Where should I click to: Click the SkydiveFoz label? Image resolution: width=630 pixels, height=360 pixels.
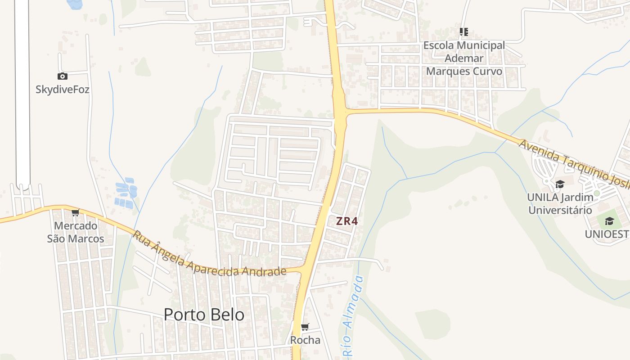point(63,90)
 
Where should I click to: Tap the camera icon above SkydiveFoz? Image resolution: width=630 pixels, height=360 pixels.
point(63,76)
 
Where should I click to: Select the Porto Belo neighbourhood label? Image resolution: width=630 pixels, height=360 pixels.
point(204,315)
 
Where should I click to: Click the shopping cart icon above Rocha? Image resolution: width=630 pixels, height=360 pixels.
point(305,327)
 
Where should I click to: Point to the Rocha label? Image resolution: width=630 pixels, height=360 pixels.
point(305,340)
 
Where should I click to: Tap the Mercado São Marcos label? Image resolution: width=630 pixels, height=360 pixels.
point(76,232)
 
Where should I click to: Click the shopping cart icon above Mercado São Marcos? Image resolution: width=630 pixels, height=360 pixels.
point(76,212)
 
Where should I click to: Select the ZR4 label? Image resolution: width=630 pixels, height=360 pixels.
point(346,221)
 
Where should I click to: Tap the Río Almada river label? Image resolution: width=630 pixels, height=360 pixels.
point(353,315)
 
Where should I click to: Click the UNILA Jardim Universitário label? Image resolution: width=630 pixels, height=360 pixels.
point(560,203)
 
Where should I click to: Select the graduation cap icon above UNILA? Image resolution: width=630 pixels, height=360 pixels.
point(560,184)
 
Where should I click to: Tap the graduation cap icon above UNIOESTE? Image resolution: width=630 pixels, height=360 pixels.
point(610,221)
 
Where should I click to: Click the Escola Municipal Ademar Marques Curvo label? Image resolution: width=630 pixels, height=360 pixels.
point(464,58)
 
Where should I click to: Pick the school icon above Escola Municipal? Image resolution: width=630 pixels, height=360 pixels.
point(464,32)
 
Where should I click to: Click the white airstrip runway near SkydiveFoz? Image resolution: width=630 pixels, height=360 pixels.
point(22,90)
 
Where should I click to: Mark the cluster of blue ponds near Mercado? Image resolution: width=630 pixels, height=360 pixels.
point(126,193)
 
